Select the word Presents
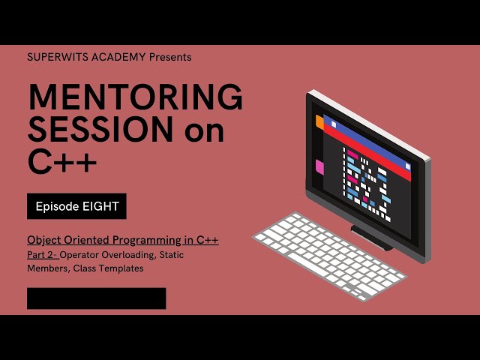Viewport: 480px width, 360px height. pyautogui.click(x=170, y=57)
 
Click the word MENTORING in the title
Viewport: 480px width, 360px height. pyautogui.click(x=135, y=98)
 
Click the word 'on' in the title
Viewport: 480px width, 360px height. pyautogui.click(x=202, y=132)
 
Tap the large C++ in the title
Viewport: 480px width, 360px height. pyautogui.click(x=63, y=162)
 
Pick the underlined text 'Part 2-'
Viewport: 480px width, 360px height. pyautogui.click(x=45, y=255)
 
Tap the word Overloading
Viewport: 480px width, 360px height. pyautogui.click(x=130, y=255)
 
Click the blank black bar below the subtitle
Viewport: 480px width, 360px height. pyautogui.click(x=96, y=298)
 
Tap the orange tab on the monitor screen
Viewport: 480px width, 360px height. pyautogui.click(x=319, y=121)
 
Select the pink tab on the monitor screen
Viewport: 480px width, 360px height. pyautogui.click(x=319, y=166)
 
